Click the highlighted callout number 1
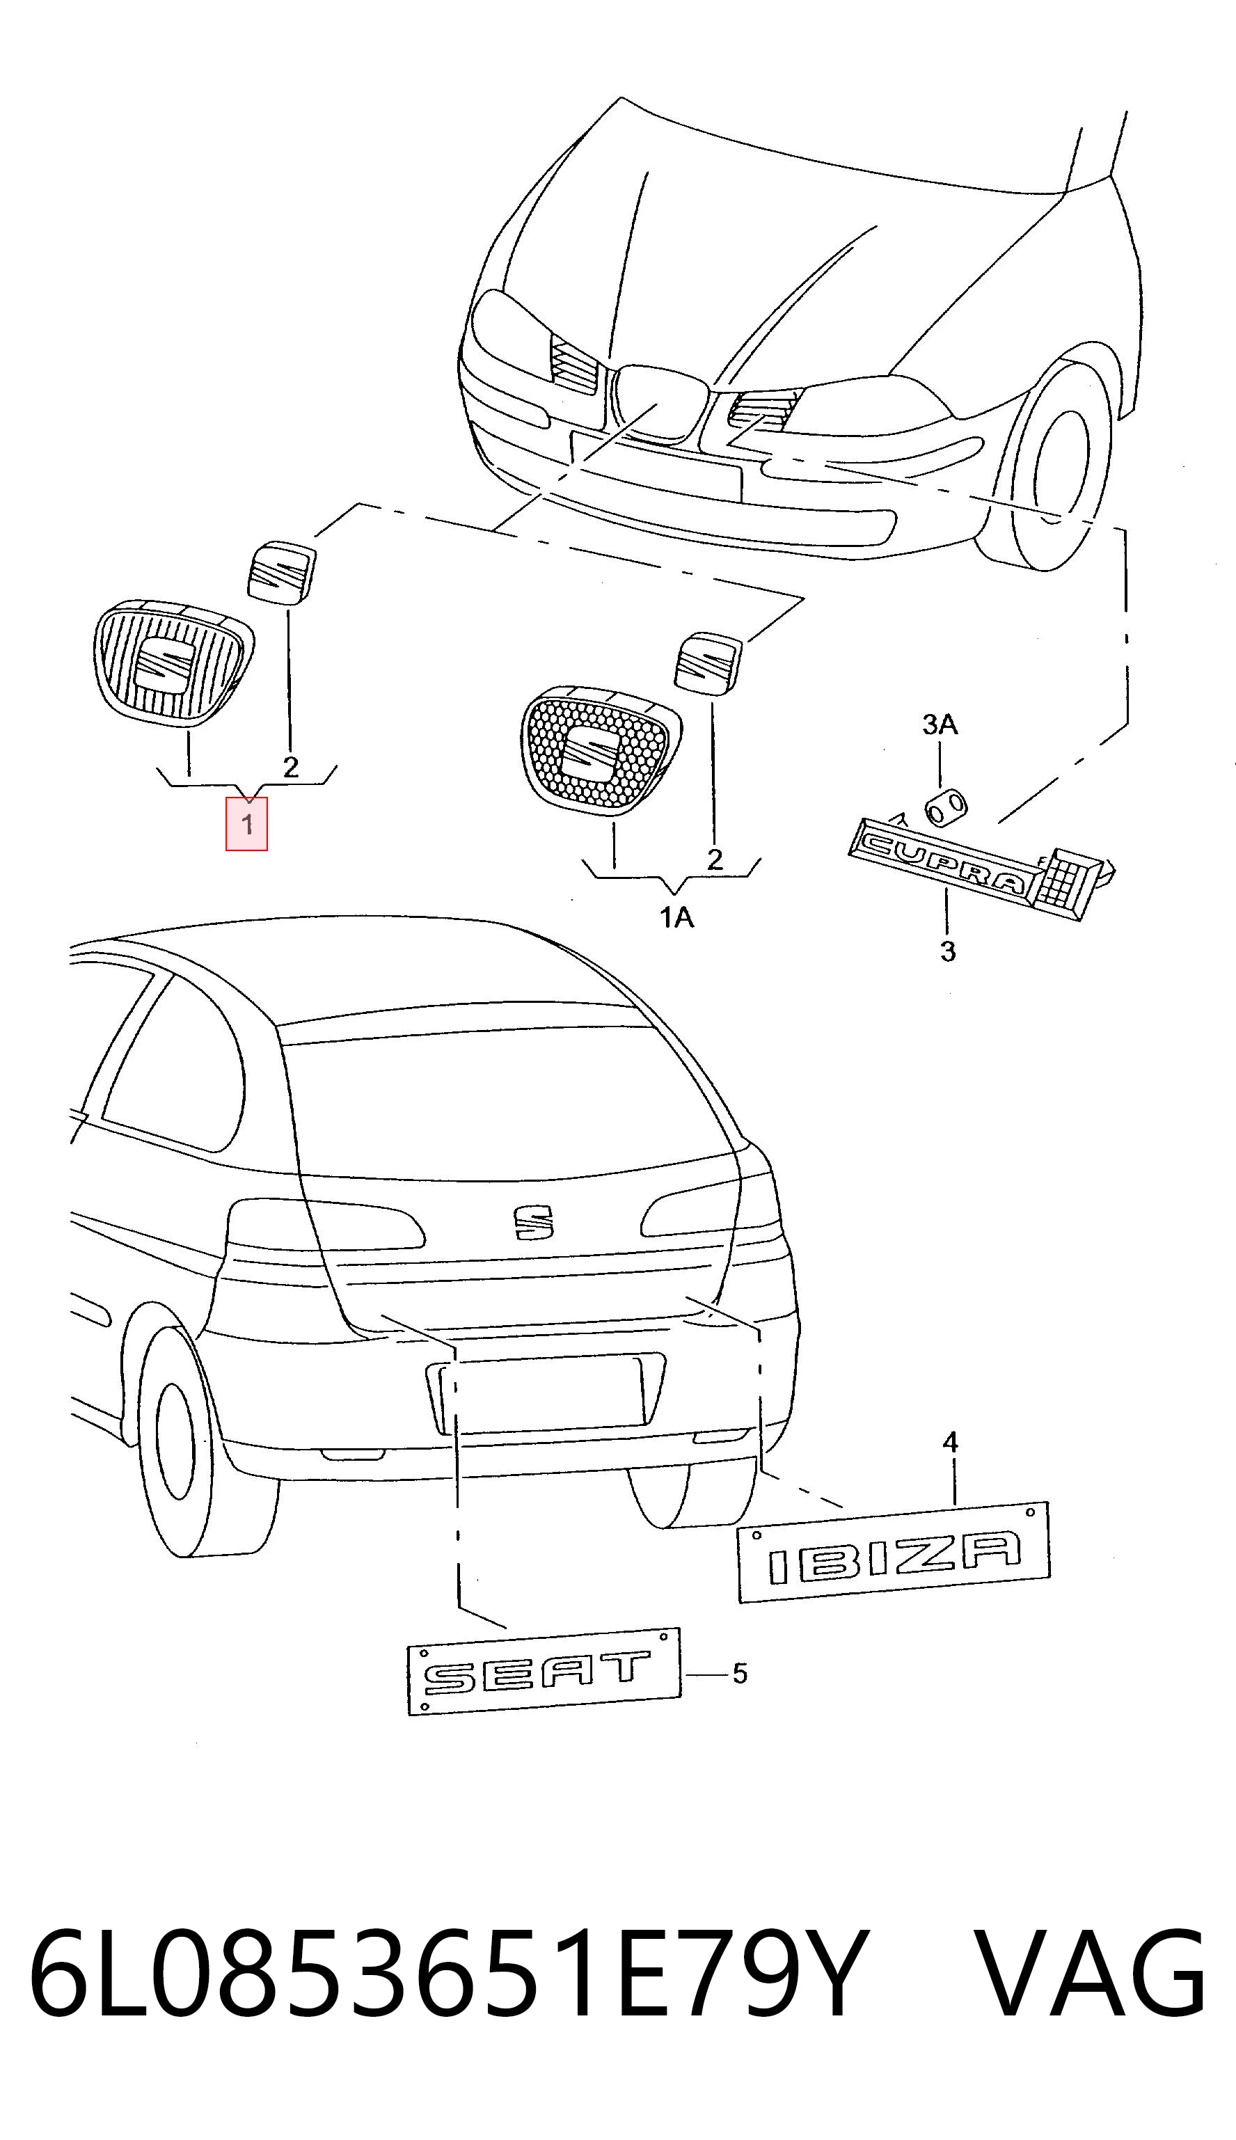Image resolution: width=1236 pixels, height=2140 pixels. [x=246, y=823]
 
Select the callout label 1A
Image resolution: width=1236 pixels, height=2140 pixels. [x=676, y=918]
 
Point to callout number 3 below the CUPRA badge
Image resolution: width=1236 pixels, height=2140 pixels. [x=948, y=951]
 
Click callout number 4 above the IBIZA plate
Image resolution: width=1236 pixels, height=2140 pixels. [x=951, y=1441]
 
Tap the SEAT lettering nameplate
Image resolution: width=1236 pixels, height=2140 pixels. [x=544, y=1669]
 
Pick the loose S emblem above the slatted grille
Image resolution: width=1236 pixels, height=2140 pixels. [x=282, y=571]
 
